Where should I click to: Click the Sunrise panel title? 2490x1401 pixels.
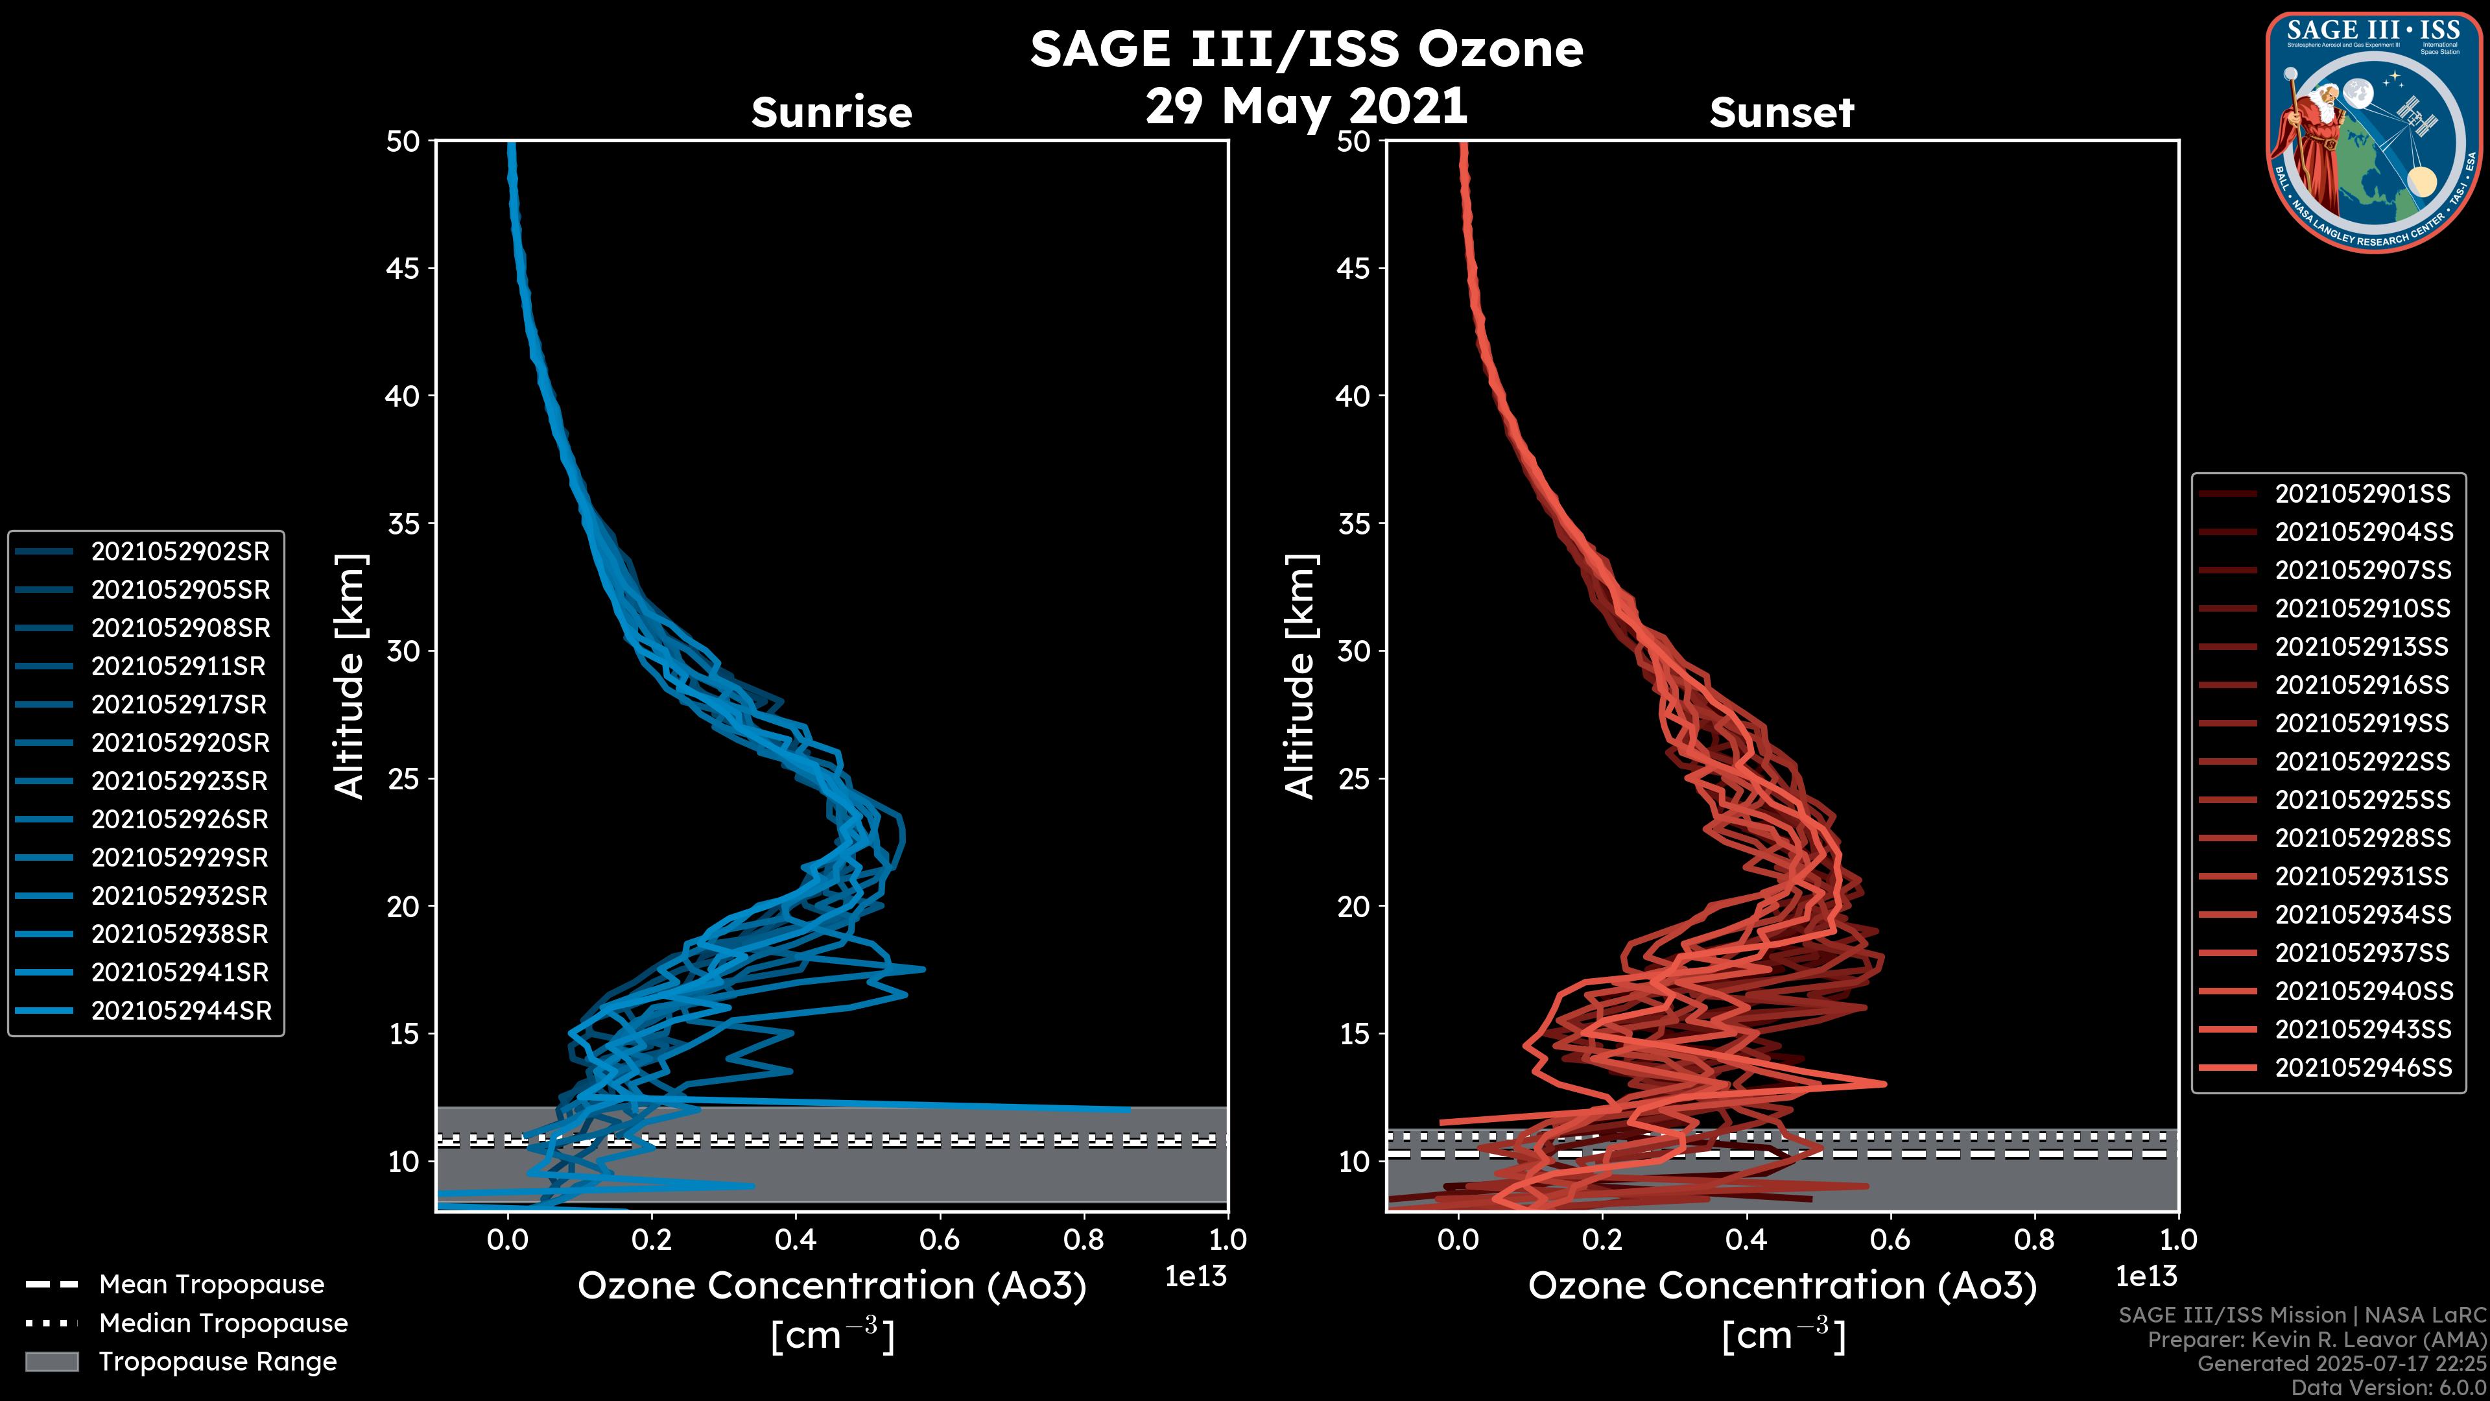coord(831,112)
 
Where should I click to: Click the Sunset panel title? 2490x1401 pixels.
coord(1781,112)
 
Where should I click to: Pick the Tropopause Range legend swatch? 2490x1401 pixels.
coord(51,1361)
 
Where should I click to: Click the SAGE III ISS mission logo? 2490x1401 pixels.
coord(2373,132)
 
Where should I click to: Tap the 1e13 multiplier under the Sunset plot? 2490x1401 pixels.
coord(2146,1276)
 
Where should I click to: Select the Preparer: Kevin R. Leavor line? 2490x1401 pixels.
coord(2316,1339)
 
